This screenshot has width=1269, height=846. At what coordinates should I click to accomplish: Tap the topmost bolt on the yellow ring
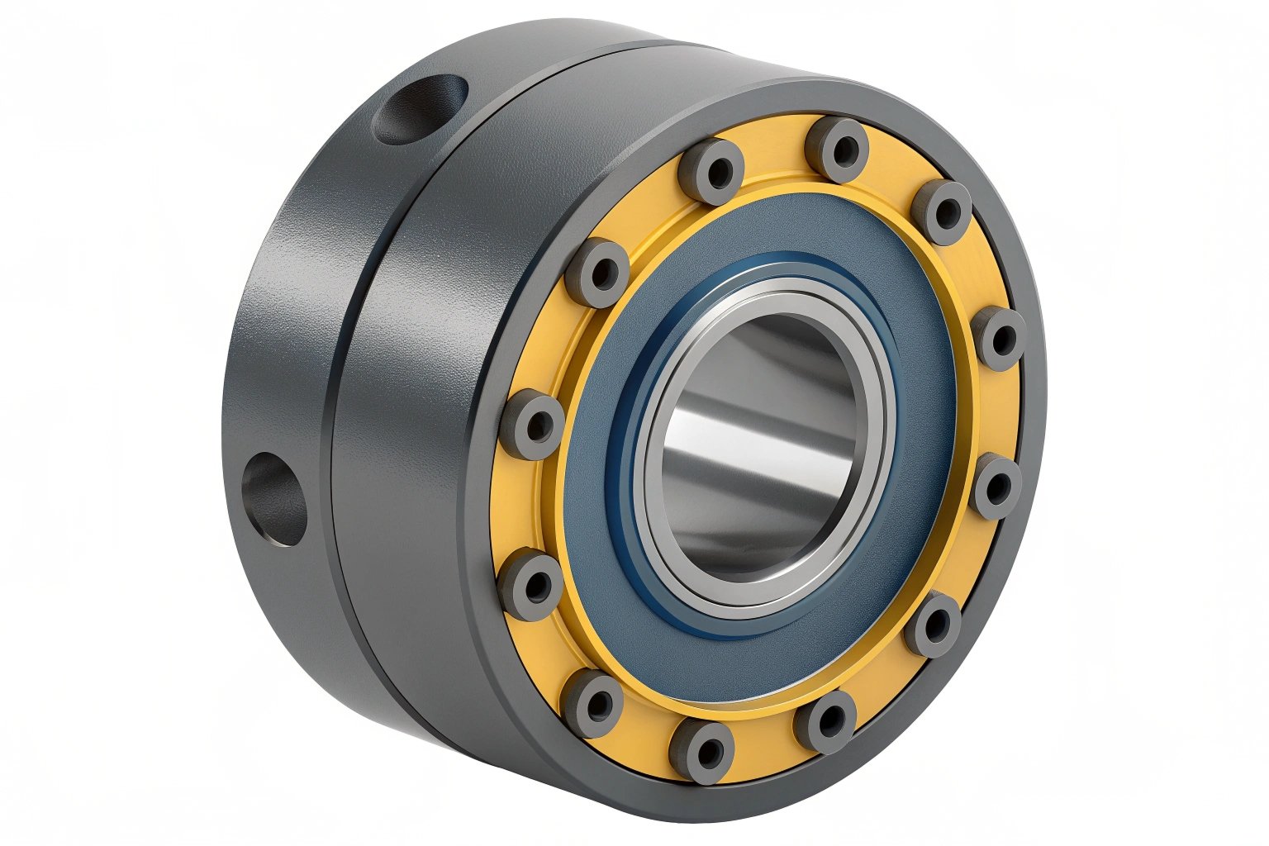(837, 150)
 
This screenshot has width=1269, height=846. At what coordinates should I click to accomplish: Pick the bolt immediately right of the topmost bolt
(943, 212)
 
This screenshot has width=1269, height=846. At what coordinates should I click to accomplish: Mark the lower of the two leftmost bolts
(529, 587)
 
